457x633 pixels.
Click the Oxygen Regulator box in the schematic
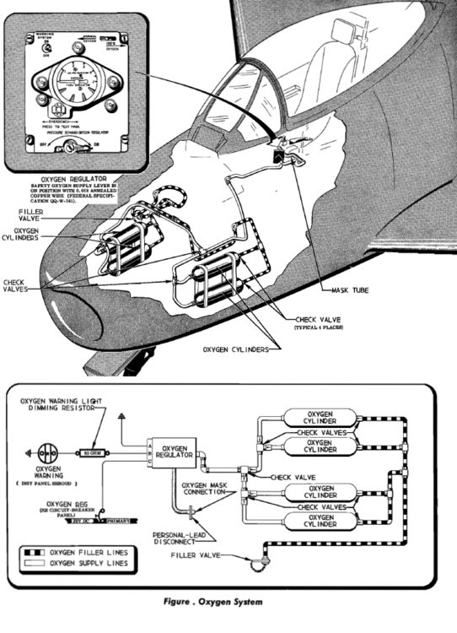[175, 452]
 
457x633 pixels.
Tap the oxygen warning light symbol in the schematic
[40, 452]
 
